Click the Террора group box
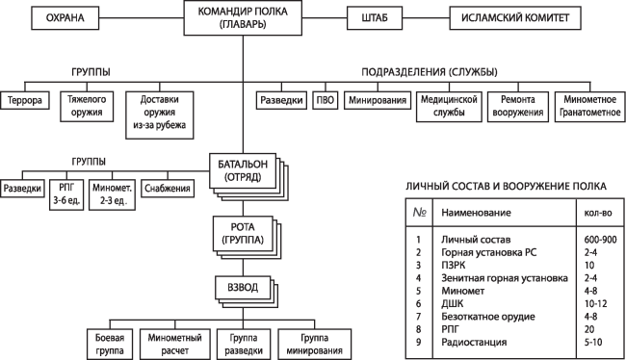click(x=26, y=100)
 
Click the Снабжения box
click(x=168, y=188)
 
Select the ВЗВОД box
click(x=242, y=287)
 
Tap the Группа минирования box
click(x=309, y=345)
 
